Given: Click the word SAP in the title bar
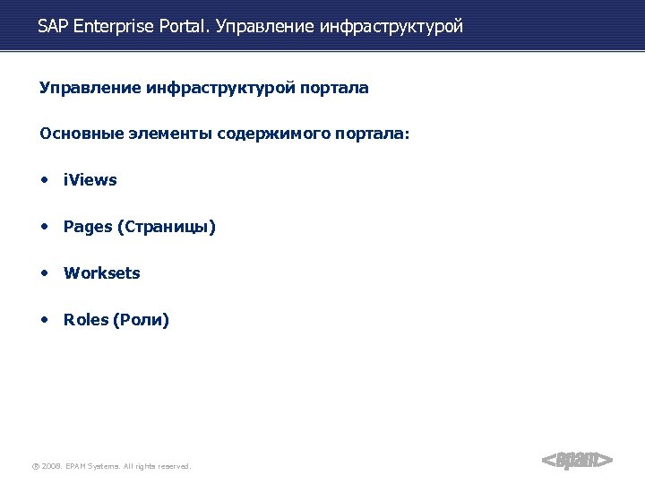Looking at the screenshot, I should [x=53, y=27].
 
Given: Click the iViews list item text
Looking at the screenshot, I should [x=90, y=180].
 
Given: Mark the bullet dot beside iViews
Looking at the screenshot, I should [x=44, y=179].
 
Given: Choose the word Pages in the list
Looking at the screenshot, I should [x=87, y=227].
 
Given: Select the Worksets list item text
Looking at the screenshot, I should [x=102, y=273].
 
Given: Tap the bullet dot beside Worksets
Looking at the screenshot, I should [x=44, y=272].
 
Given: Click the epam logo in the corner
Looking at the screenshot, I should [x=578, y=460].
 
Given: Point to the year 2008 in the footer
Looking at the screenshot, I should [x=51, y=466].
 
